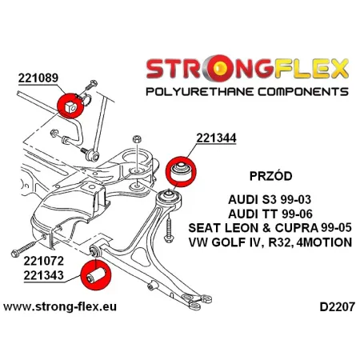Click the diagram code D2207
click(329, 306)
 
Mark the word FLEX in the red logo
click(302, 67)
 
